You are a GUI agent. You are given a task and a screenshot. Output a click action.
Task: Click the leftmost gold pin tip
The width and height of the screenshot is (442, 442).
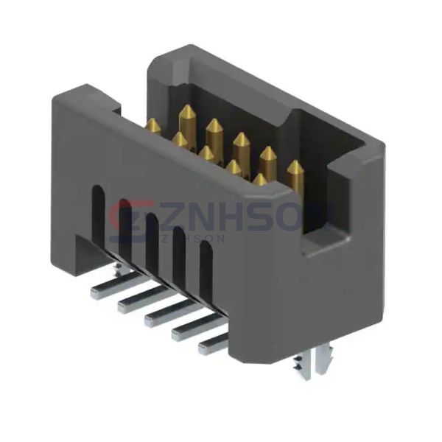(x=153, y=125)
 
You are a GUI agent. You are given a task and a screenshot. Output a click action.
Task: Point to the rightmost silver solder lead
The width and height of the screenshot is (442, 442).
(x=214, y=340)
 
